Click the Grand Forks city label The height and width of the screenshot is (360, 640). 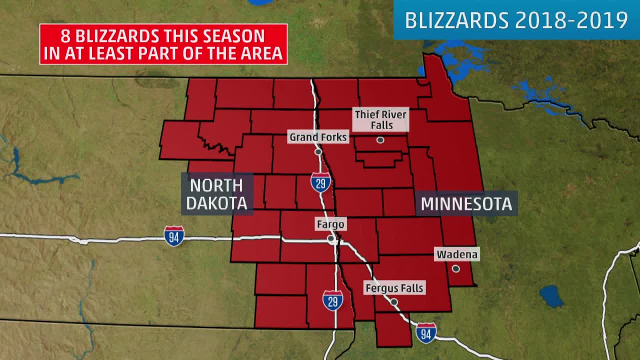pos(318,137)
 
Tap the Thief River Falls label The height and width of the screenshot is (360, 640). pos(381,119)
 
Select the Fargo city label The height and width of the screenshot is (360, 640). pos(330,224)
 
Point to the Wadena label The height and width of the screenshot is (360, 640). pos(457,254)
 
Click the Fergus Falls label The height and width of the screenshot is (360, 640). pos(394,288)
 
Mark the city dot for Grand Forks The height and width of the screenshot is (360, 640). pos(318,151)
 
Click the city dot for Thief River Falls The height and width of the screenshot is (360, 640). pos(380,140)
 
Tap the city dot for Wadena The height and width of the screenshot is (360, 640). pos(455,268)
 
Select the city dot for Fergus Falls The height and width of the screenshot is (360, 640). pos(394,302)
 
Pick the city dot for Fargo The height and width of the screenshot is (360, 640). pos(331,239)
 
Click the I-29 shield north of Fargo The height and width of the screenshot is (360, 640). pos(320,182)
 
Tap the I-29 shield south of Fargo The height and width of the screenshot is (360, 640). pos(332,300)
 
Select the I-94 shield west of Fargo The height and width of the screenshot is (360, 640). pos(173,236)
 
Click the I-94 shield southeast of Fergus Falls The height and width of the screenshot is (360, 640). pos(425,333)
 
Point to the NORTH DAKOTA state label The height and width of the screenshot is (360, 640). pos(216,194)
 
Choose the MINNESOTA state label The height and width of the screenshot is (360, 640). pos(466,204)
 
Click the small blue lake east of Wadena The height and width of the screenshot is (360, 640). pos(550,296)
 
